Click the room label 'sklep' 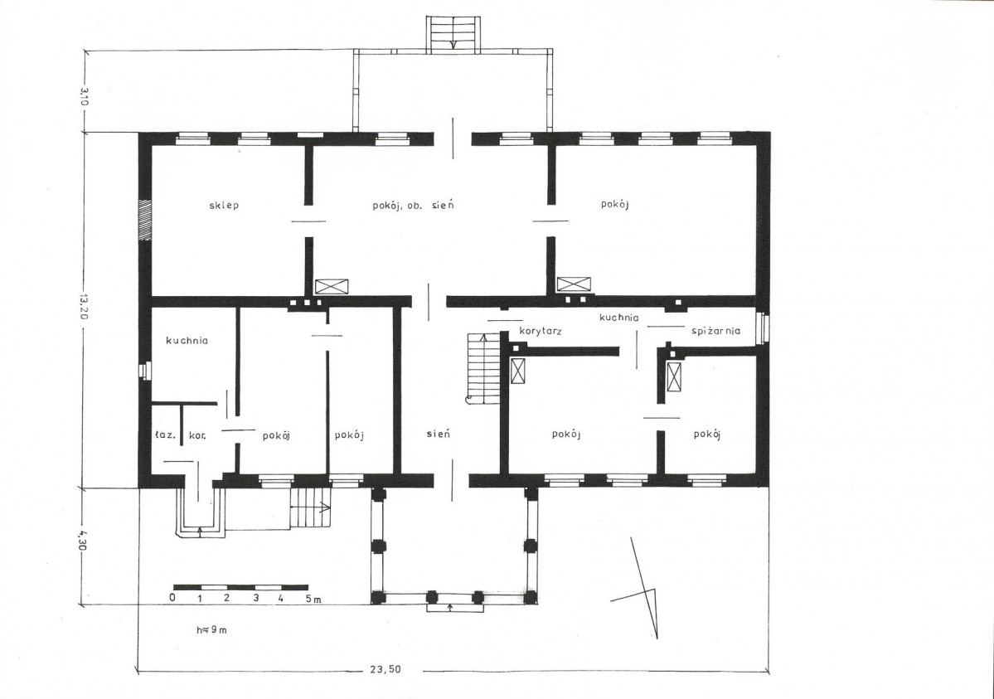[224, 206]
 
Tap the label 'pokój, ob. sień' [413, 206]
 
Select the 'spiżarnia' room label [715, 331]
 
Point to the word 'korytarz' [540, 331]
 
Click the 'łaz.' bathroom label [165, 435]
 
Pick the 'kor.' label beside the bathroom [197, 436]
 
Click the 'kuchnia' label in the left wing [187, 341]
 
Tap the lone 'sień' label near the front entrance [438, 434]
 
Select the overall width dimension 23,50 [385, 668]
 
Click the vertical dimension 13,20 [83, 306]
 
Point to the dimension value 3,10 [83, 97]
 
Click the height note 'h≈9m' [211, 630]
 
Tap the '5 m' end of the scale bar [313, 598]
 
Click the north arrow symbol [640, 588]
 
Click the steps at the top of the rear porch [453, 34]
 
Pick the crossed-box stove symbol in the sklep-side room [332, 286]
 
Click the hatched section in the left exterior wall [146, 220]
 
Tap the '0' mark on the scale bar [172, 598]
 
